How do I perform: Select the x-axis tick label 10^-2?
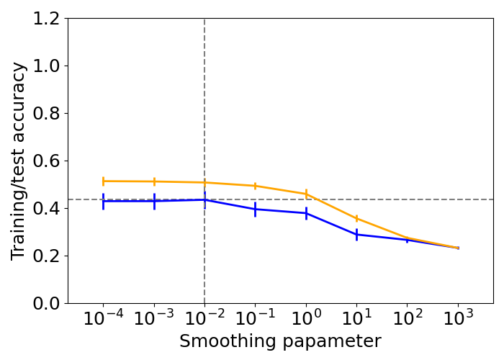pos(204,319)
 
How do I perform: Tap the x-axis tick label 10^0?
pos(305,319)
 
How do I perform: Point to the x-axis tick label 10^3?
pos(457,319)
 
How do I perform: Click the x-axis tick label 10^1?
pos(356,319)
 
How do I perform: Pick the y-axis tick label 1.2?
pos(48,19)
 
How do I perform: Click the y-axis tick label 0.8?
pos(48,114)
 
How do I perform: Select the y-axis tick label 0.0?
pos(48,303)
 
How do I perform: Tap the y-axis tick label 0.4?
pos(48,209)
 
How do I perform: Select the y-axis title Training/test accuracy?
pos(19,161)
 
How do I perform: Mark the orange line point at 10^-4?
pos(103,181)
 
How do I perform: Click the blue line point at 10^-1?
pos(255,210)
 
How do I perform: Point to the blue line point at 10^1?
pos(356,235)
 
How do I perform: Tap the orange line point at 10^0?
pos(306,194)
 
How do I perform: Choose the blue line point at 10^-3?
pos(154,201)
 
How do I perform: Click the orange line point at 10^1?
pos(356,218)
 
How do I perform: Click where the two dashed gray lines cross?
pos(204,199)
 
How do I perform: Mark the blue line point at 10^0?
pos(306,213)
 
